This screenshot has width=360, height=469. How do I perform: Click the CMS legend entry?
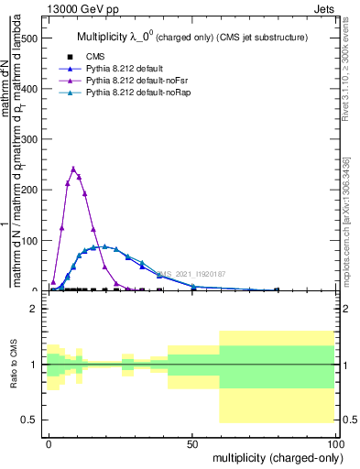[x=95, y=57]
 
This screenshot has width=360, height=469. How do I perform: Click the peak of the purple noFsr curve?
[x=73, y=169]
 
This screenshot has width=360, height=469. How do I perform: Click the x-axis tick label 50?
[x=192, y=442]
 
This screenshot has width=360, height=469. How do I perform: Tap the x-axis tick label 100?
[x=334, y=442]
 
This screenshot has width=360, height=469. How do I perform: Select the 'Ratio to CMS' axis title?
[x=14, y=365]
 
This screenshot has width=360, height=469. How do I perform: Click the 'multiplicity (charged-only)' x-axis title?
[x=273, y=457]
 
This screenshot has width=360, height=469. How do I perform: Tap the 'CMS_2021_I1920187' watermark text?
[x=191, y=274]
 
